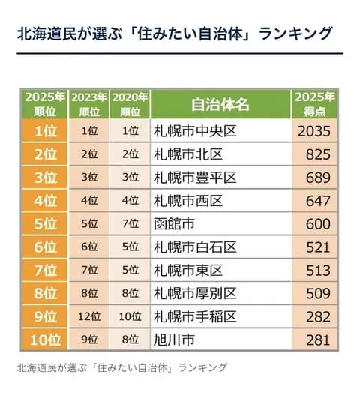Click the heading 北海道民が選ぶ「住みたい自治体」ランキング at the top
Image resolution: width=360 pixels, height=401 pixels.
pyautogui.click(x=174, y=34)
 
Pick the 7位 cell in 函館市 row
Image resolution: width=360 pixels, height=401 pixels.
pyautogui.click(x=130, y=224)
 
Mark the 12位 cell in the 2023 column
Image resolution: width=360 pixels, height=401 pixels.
pyautogui.click(x=88, y=317)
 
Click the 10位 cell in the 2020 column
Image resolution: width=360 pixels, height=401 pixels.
pyautogui.click(x=130, y=317)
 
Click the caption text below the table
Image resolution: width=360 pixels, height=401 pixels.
pyautogui.click(x=121, y=367)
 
